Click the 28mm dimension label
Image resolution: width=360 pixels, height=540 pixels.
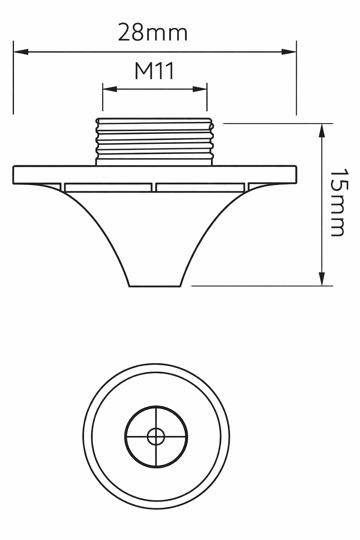[x=153, y=33]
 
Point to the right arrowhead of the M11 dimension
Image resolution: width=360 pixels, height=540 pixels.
[x=200, y=89]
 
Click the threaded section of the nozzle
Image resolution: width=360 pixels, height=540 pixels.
[x=155, y=141]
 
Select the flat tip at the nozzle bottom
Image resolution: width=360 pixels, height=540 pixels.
[x=155, y=285]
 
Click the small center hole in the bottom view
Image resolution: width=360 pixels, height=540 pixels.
[x=156, y=437]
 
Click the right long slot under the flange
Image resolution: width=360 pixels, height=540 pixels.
[x=200, y=187]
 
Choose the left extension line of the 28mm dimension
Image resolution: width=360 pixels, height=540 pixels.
[x=13, y=77]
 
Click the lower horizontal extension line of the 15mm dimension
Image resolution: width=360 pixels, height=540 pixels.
[x=262, y=286]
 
